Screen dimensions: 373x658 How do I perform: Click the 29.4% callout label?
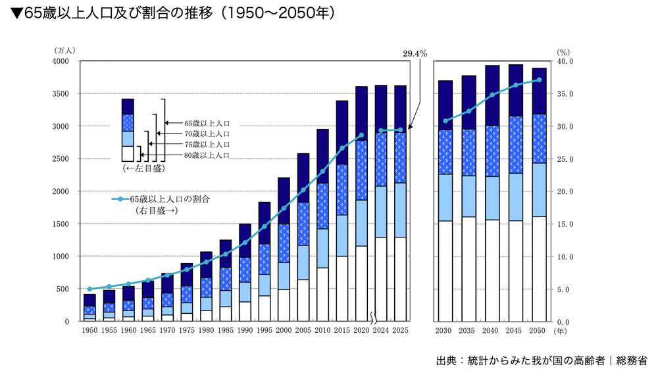pyautogui.click(x=415, y=53)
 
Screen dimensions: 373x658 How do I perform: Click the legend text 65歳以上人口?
pyautogui.click(x=207, y=123)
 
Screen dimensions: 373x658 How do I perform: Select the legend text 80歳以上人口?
pyautogui.click(x=207, y=155)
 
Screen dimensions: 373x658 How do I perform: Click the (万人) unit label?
pyautogui.click(x=66, y=51)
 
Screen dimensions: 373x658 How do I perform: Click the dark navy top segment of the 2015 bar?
pyautogui.click(x=342, y=132)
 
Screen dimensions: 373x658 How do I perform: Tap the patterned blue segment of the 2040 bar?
pyautogui.click(x=492, y=151)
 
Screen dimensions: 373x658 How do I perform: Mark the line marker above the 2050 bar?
pyautogui.click(x=539, y=80)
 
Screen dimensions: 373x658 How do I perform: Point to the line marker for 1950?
pyautogui.click(x=90, y=289)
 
